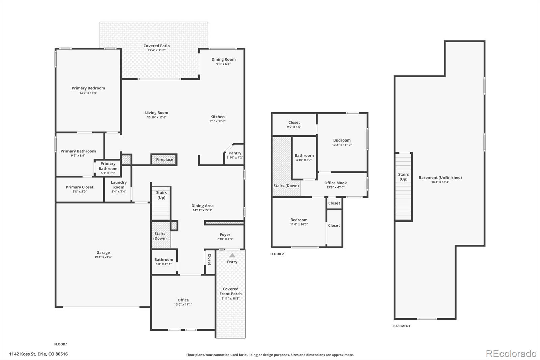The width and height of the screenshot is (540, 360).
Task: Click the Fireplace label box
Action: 164,160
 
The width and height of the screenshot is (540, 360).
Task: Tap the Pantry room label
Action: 235,153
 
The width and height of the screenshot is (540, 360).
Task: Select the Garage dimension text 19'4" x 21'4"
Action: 103,257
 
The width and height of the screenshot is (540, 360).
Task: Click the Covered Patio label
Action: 157,46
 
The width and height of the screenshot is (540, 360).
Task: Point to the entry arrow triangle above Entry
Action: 232,255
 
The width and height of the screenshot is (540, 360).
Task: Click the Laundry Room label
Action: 118,185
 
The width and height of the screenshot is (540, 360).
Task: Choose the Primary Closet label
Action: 80,187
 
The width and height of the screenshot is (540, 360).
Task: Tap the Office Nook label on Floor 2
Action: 335,183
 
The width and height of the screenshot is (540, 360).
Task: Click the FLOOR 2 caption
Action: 277,254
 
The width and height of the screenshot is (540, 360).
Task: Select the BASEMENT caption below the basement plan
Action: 402,326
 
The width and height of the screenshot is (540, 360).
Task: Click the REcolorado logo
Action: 511,354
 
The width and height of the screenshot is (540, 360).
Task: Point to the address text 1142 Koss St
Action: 23,354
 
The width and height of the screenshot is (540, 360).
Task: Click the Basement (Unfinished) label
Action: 440,177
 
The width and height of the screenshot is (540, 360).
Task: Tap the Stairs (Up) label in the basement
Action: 403,177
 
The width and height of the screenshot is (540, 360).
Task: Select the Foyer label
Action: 225,234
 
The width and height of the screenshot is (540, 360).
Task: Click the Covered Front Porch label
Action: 231,291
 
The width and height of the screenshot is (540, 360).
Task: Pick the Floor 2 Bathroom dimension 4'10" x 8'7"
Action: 304,160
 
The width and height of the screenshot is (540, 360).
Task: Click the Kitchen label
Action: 217,117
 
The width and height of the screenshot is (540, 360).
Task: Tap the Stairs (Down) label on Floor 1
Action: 160,236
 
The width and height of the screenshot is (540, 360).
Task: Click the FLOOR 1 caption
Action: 61,344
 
